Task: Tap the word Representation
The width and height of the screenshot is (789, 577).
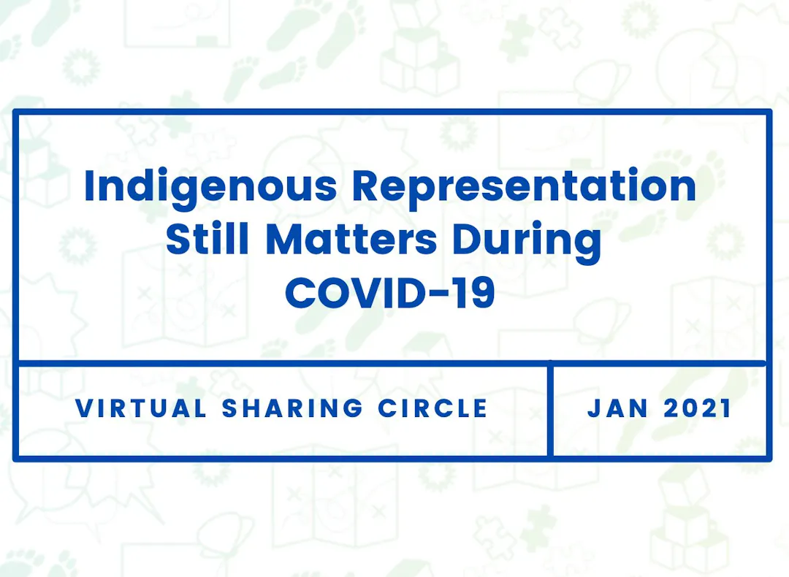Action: pyautogui.click(x=524, y=186)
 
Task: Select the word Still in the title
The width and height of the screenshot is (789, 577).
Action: pyautogui.click(x=207, y=238)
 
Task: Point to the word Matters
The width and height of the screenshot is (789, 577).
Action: pyautogui.click(x=351, y=239)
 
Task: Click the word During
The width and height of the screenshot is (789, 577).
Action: pyautogui.click(x=527, y=242)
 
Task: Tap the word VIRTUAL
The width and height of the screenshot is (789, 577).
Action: pyautogui.click(x=141, y=408)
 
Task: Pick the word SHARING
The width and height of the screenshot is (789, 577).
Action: pyautogui.click(x=292, y=408)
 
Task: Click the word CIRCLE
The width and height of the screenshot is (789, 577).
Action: pyautogui.click(x=432, y=408)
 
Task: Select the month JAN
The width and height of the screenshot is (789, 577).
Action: pyautogui.click(x=617, y=408)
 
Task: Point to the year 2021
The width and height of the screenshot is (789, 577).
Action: pyautogui.click(x=697, y=408)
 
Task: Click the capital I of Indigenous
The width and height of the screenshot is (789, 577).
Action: pyautogui.click(x=89, y=186)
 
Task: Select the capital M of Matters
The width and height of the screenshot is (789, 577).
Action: pyautogui.click(x=284, y=238)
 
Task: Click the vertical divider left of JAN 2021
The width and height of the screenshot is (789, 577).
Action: pyautogui.click(x=551, y=410)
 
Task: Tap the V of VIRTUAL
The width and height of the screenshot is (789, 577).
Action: pyautogui.click(x=85, y=408)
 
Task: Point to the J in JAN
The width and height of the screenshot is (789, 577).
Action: pyautogui.click(x=594, y=408)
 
